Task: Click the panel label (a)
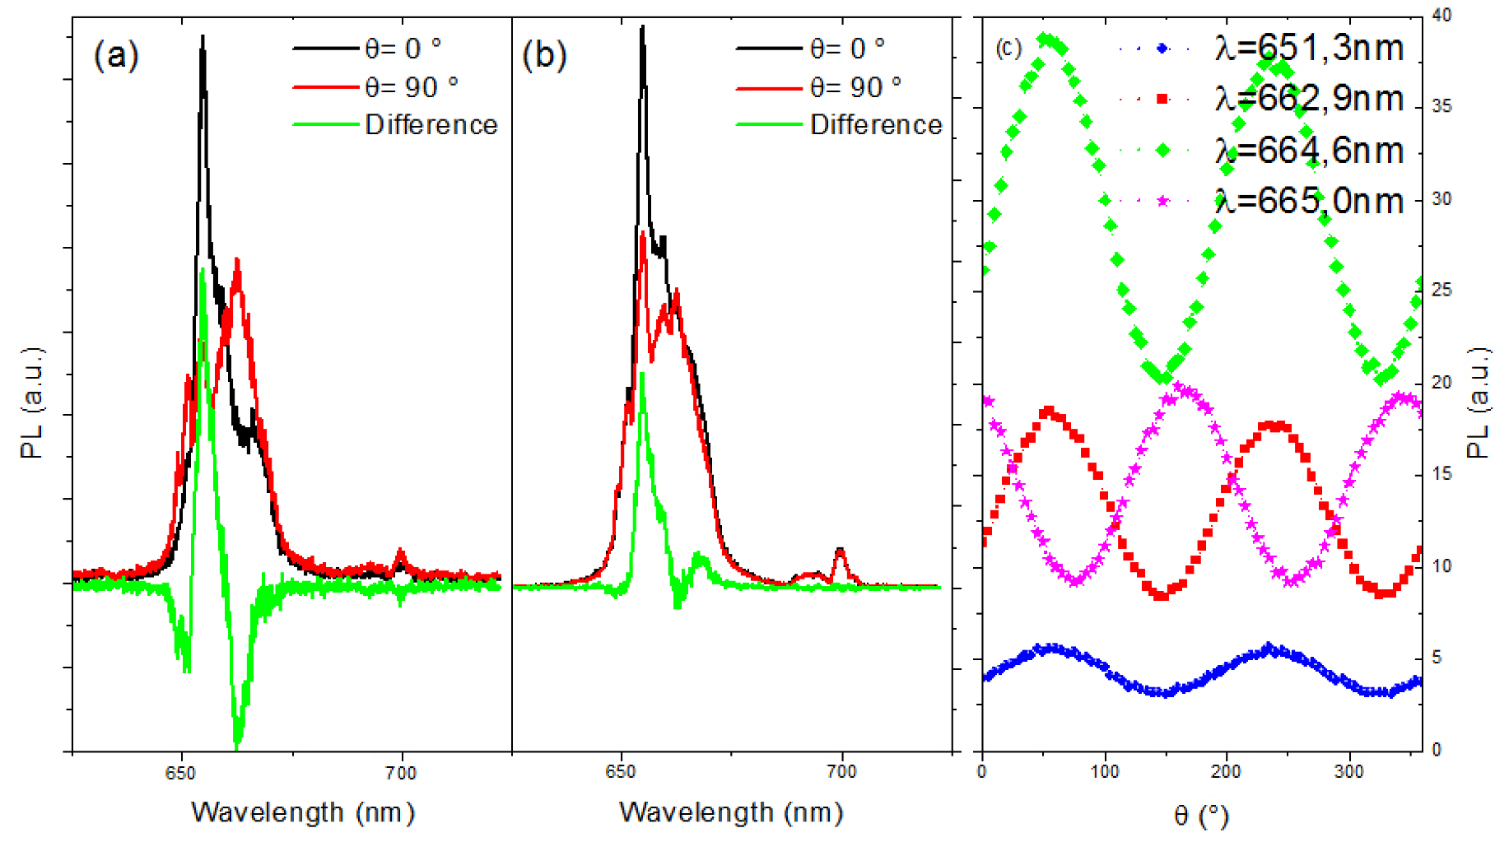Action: pos(116,56)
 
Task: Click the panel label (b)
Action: pos(544,56)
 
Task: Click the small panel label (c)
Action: pos(1008,49)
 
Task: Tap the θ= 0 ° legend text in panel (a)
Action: pos(403,49)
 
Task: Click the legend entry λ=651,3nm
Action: pos(1308,49)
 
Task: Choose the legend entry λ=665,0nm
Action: pos(1308,202)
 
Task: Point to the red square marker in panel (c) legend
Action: pos(1162,100)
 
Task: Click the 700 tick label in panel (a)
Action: pos(401,773)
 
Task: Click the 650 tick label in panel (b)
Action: pos(620,772)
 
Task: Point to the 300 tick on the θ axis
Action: pos(1348,772)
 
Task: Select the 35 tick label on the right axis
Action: pos(1441,106)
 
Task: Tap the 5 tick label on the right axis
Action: pos(1437,658)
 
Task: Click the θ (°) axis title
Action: pos(1201,816)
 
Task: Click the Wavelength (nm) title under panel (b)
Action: pos(731,812)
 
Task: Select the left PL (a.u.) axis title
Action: pos(32,403)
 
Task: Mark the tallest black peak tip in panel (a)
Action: pos(203,38)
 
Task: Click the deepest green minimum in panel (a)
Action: pos(237,745)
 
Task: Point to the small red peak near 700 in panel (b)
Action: pos(840,550)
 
